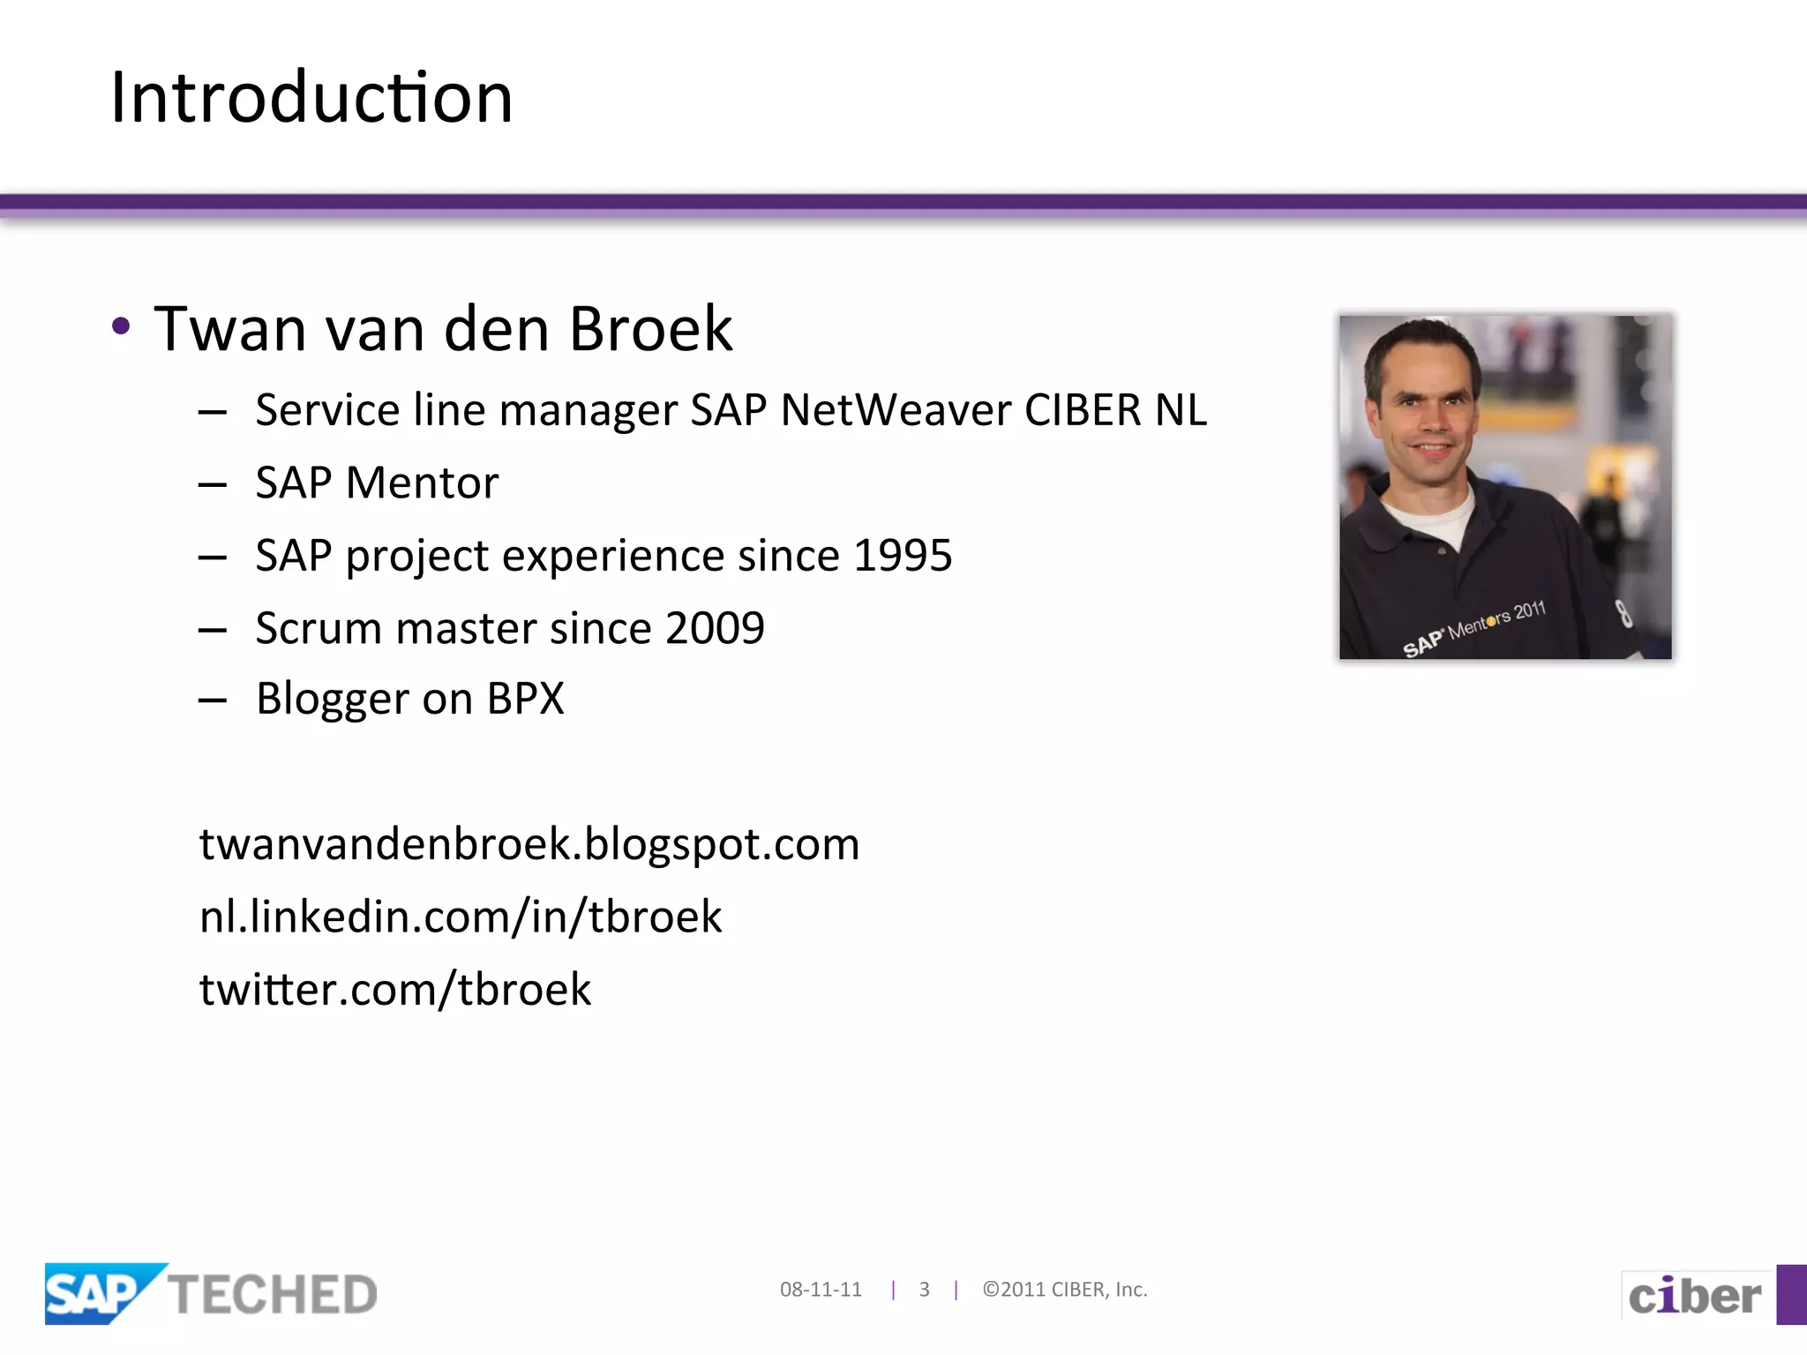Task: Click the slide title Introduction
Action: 311,97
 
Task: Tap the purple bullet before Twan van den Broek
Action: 122,326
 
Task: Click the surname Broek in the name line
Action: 650,329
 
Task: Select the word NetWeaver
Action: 895,410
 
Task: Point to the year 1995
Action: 903,556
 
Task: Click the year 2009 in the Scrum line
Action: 715,628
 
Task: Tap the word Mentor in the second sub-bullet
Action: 422,483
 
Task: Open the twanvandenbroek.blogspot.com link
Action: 529,844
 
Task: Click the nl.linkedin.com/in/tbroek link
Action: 461,917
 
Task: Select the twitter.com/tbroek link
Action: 395,989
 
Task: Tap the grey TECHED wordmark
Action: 274,1295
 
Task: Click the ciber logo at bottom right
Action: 1694,1296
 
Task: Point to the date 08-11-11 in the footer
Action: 821,1290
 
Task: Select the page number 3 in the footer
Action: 924,1290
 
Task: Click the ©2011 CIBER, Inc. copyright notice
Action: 1065,1290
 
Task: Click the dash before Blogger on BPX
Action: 213,700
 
